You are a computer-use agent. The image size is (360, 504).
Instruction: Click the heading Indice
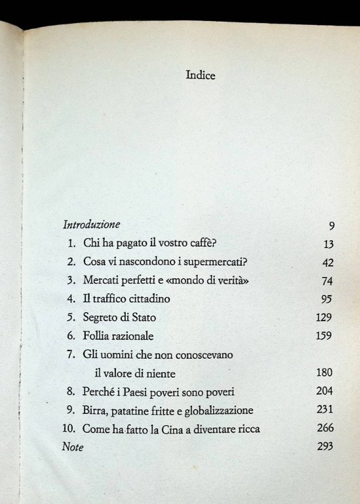click(x=201, y=75)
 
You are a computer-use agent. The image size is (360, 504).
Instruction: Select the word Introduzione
click(x=90, y=224)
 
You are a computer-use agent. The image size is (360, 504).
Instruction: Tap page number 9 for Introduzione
click(x=332, y=226)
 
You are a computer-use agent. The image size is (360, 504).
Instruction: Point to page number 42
click(x=329, y=262)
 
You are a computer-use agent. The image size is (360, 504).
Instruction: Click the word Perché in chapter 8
click(x=100, y=392)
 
